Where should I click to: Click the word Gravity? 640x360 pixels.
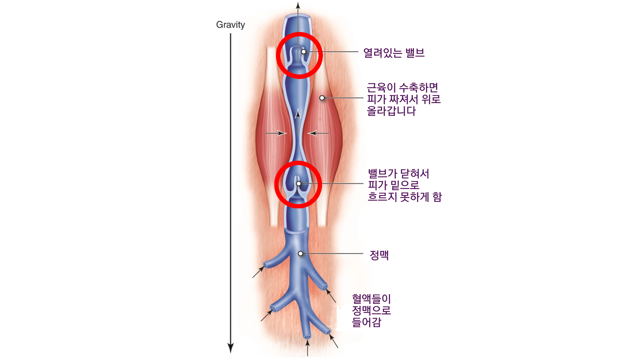click(x=230, y=25)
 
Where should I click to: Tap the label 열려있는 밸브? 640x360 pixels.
click(x=394, y=53)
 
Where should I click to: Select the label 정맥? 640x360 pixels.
click(x=379, y=255)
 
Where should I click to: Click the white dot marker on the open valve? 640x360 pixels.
click(x=304, y=52)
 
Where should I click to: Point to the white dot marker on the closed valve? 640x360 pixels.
click(x=299, y=184)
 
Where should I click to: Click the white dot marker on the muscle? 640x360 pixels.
click(x=322, y=98)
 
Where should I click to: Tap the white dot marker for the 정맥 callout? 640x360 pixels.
click(x=300, y=254)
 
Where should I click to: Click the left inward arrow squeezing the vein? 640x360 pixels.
click(x=276, y=133)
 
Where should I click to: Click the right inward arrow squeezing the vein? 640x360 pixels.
click(x=318, y=133)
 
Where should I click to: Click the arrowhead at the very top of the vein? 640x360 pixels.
click(x=298, y=6)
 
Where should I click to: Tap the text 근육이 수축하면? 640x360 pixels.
click(x=402, y=88)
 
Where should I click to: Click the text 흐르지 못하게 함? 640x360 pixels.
click(x=405, y=197)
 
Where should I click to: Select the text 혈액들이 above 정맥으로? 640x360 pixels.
click(x=371, y=299)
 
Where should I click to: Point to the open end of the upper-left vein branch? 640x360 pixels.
click(x=266, y=266)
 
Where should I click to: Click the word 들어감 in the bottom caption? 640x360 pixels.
click(x=366, y=322)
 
